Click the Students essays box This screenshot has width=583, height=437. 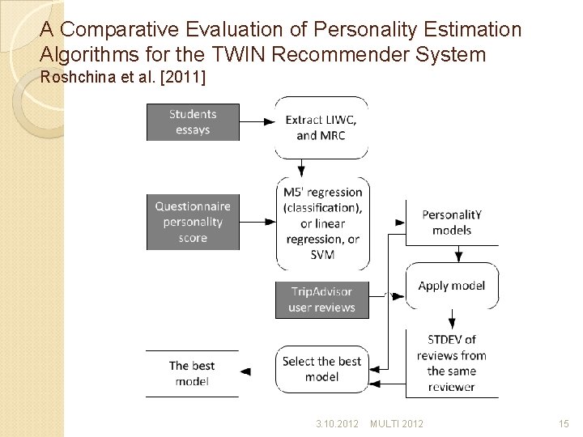193,122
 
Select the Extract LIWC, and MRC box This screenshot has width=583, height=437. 321,128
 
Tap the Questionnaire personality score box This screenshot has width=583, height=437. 193,222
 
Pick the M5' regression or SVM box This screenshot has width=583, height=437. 321,223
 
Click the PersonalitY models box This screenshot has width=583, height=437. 452,222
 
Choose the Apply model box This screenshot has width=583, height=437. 452,286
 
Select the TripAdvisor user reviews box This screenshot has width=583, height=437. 321,299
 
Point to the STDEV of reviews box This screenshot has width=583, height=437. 452,363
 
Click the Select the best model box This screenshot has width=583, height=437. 321,369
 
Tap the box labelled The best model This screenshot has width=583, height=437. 193,373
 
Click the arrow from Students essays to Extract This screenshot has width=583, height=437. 257,122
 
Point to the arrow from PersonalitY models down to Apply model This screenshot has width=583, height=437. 458,254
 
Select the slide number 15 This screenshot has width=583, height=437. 564,424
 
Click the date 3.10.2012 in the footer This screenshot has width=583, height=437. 338,424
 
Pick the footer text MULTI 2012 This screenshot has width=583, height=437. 397,424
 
